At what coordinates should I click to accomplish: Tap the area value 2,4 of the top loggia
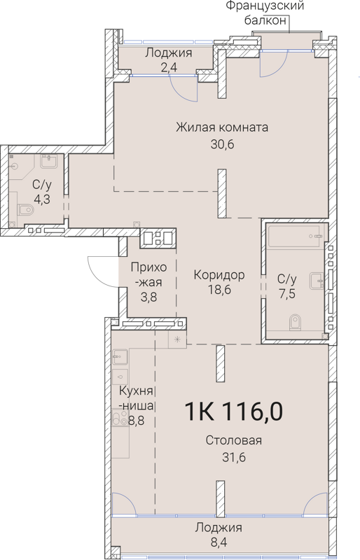tap(168, 67)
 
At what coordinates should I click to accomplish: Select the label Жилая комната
tap(223, 127)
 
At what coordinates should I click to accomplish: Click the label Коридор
tap(219, 275)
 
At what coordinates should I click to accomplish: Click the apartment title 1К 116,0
tap(234, 412)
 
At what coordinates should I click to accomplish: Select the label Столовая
tap(234, 441)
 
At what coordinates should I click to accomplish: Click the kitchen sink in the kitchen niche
tap(118, 358)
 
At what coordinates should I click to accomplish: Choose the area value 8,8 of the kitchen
tap(144, 421)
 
